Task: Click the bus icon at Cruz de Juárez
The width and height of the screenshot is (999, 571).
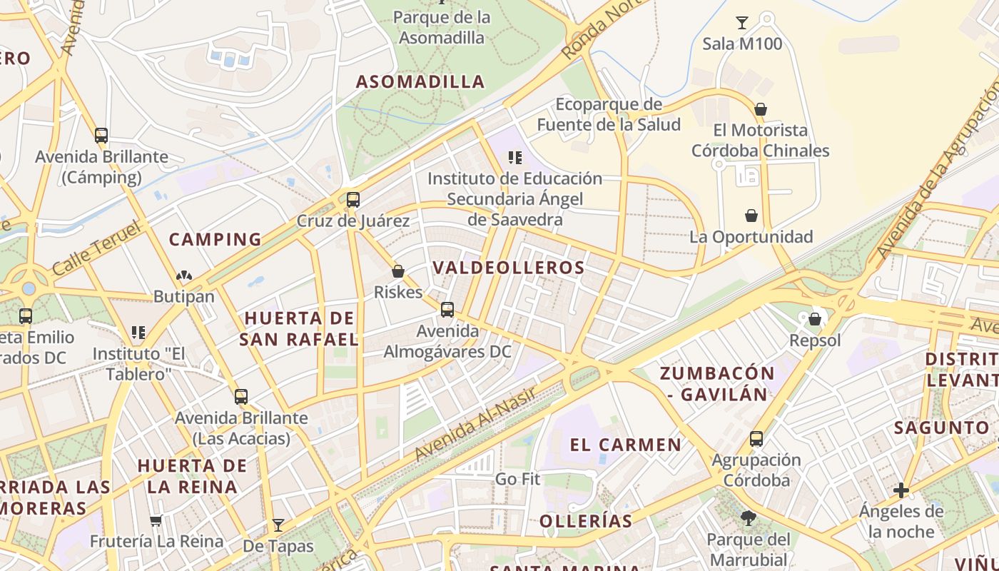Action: (x=353, y=200)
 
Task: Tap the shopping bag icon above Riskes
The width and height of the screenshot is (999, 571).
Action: (x=398, y=271)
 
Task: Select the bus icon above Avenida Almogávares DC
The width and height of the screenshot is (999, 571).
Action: (x=447, y=310)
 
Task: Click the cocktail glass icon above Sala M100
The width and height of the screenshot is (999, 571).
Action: (x=742, y=23)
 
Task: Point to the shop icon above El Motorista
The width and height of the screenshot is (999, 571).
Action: (x=761, y=109)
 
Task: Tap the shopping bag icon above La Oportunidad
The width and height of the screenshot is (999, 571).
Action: (x=751, y=216)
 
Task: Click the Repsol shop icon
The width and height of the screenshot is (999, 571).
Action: (x=815, y=319)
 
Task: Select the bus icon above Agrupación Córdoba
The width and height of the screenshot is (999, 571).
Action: (x=756, y=439)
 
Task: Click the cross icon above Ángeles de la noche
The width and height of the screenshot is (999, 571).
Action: (x=901, y=490)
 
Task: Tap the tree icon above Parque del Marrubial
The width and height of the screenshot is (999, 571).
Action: (x=748, y=518)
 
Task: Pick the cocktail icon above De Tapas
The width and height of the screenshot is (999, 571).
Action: (x=278, y=525)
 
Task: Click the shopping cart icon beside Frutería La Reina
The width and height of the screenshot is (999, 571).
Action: (x=156, y=521)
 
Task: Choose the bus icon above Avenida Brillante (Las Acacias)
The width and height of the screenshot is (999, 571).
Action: (x=241, y=397)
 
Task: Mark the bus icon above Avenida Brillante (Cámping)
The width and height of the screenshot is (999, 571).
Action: (x=101, y=136)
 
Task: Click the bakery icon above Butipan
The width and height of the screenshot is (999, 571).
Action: (x=184, y=276)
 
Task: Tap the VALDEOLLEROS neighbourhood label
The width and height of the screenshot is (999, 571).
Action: (x=509, y=268)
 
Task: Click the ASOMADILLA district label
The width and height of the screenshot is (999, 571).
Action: (x=420, y=81)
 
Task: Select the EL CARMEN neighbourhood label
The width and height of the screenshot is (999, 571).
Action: (x=625, y=445)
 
